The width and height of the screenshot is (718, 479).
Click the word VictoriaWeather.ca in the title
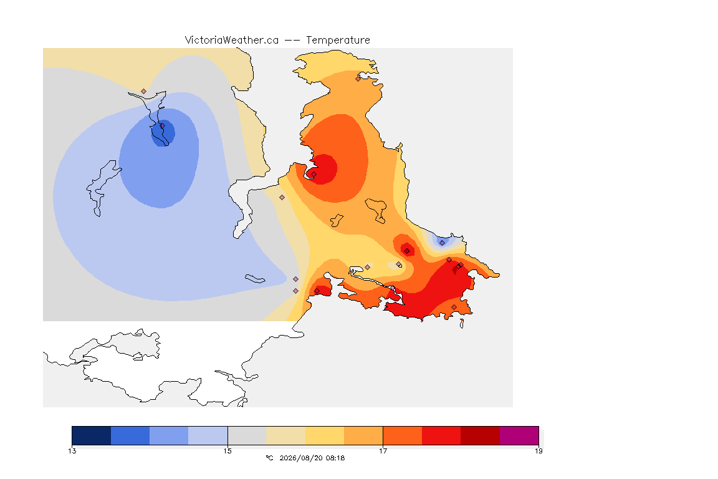[232, 40]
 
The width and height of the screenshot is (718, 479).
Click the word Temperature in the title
[338, 40]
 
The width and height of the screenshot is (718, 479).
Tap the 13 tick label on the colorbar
[72, 451]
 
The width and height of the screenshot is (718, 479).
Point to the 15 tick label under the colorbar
[227, 451]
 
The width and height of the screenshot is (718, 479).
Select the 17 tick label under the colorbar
[383, 451]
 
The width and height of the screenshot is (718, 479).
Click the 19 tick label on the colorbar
[538, 451]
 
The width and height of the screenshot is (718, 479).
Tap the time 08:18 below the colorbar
[335, 458]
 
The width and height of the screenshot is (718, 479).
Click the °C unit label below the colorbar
[269, 458]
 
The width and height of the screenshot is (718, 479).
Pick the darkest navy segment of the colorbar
[91, 435]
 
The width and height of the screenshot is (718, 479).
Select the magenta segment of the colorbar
[519, 435]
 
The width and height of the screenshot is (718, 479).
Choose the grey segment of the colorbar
[247, 435]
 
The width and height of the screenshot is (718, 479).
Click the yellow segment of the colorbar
[325, 435]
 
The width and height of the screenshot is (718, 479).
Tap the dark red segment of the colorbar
[481, 435]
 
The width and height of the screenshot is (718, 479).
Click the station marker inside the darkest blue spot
[162, 126]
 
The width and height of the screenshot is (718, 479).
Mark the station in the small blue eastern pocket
[442, 243]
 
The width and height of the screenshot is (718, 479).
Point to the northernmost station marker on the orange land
[358, 79]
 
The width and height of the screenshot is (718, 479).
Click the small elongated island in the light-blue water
[255, 279]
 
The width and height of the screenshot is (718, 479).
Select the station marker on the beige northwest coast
[144, 92]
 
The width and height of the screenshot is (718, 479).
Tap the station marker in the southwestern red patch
[317, 291]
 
